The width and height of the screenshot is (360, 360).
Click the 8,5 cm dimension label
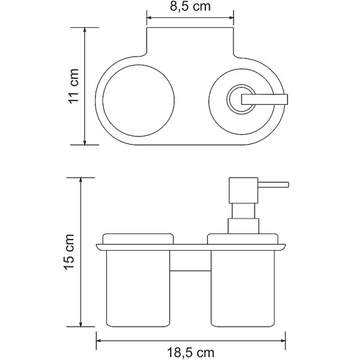[x=191, y=9]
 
